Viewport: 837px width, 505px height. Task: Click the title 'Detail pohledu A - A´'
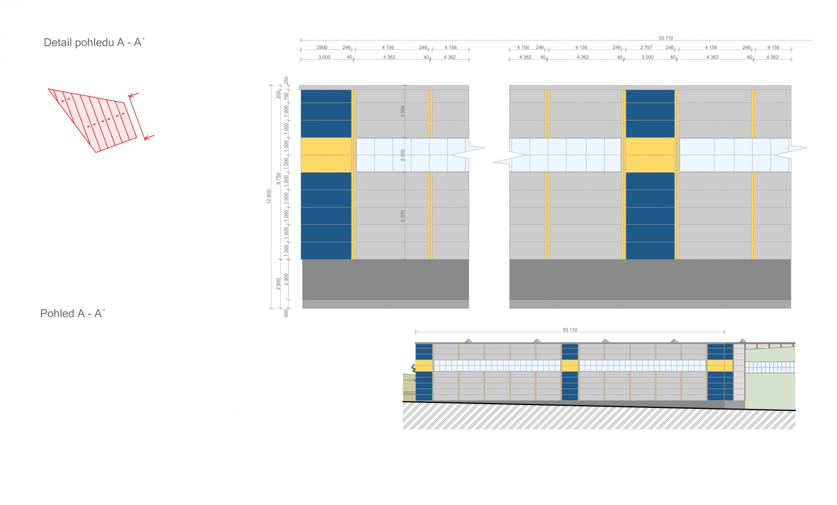(x=94, y=42)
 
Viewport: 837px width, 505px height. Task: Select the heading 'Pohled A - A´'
(x=72, y=314)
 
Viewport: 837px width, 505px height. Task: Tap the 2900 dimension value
(x=322, y=47)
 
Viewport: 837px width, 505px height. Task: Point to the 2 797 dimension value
(x=646, y=47)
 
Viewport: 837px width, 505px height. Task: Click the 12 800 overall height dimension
(x=269, y=196)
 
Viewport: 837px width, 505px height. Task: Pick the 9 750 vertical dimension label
(x=278, y=179)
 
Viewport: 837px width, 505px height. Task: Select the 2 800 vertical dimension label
(x=278, y=284)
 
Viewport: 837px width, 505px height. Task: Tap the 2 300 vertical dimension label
(x=286, y=280)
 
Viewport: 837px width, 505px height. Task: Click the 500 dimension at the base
(x=286, y=313)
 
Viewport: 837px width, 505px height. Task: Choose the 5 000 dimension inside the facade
(x=403, y=216)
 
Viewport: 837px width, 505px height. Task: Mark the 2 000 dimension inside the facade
(x=403, y=155)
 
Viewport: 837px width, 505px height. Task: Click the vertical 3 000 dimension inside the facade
(x=403, y=111)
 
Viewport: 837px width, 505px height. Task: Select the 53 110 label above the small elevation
(x=570, y=330)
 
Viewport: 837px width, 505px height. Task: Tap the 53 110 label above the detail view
(x=666, y=38)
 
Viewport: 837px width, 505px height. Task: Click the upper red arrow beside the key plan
(x=134, y=95)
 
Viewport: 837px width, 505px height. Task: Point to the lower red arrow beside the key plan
(x=149, y=137)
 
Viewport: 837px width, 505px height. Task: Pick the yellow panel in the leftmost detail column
(x=326, y=155)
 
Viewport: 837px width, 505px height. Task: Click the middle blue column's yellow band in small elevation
(x=570, y=365)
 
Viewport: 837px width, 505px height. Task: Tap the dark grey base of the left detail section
(x=385, y=279)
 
